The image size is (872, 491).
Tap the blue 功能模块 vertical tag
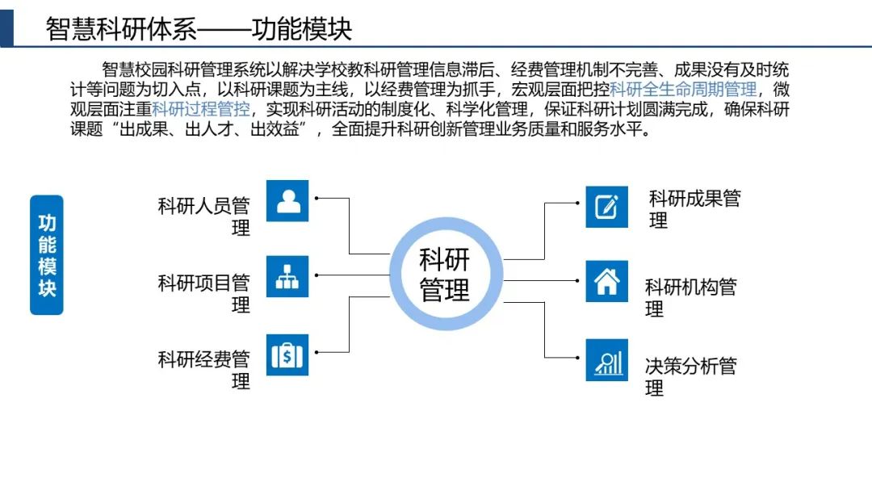[47, 255]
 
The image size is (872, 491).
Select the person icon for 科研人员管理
[287, 201]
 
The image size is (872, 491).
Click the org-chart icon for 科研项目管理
[287, 276]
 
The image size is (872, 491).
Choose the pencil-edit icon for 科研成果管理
[606, 207]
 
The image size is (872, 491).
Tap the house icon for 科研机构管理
[606, 281]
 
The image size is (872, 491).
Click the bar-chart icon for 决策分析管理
[606, 360]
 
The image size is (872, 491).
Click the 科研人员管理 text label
[204, 216]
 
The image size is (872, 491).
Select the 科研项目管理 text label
[204, 293]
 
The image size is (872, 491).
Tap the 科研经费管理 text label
[204, 370]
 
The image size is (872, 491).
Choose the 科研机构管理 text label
[691, 297]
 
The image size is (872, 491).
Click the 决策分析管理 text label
[691, 376]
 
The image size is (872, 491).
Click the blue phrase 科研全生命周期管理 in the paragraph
[683, 89]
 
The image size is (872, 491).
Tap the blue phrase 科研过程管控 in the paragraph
[201, 110]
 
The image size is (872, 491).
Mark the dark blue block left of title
[7, 23]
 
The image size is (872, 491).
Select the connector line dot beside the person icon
[317, 198]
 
